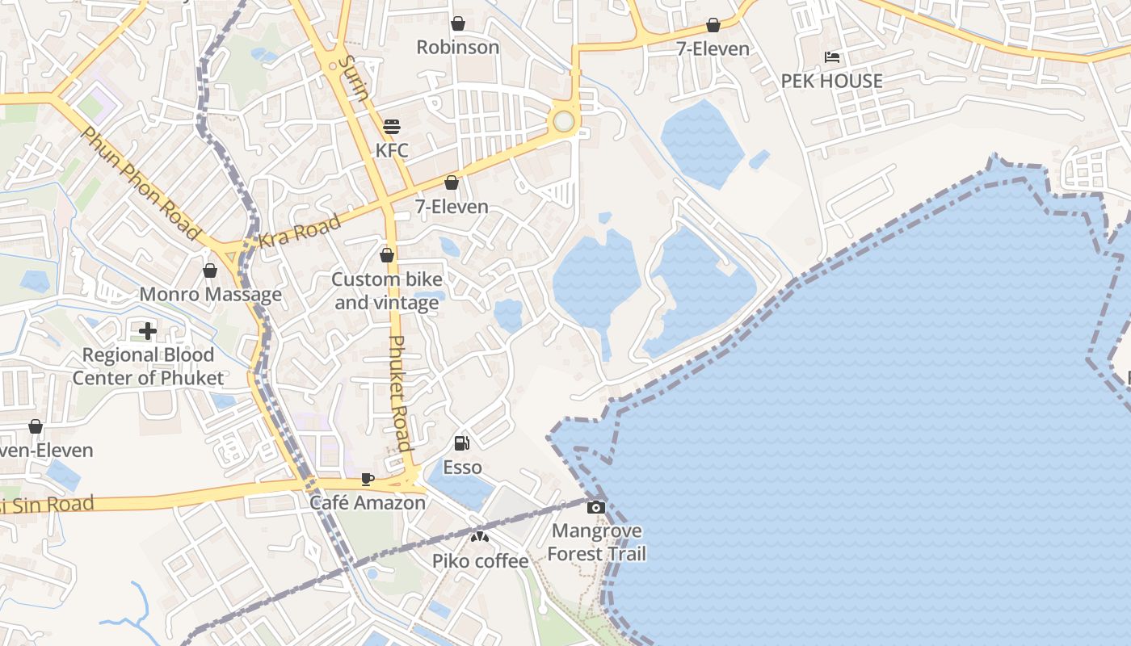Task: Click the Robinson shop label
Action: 458,47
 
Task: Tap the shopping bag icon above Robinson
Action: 458,23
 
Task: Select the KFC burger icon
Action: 392,127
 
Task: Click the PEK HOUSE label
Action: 831,81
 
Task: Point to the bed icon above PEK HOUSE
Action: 832,57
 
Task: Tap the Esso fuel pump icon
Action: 462,443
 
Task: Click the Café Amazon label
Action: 368,502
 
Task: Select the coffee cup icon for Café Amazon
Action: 368,479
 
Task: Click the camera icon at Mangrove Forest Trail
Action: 596,507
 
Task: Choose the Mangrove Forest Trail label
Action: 597,542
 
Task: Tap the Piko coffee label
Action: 480,560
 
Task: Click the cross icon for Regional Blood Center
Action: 148,330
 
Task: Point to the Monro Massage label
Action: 211,294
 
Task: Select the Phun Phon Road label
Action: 141,183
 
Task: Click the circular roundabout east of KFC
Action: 563,121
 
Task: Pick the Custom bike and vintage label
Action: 387,291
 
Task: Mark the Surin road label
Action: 354,78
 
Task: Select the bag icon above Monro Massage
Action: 210,271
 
